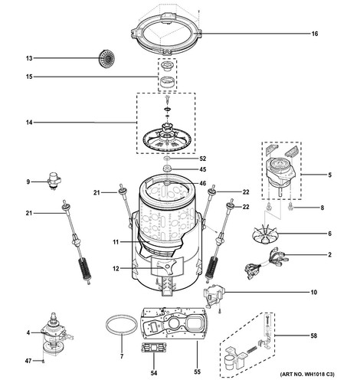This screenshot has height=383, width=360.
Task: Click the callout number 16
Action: tap(335, 34)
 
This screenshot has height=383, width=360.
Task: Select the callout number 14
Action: tap(28, 123)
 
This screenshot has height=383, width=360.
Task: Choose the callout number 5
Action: tap(329, 175)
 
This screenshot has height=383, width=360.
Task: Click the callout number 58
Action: tap(335, 335)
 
